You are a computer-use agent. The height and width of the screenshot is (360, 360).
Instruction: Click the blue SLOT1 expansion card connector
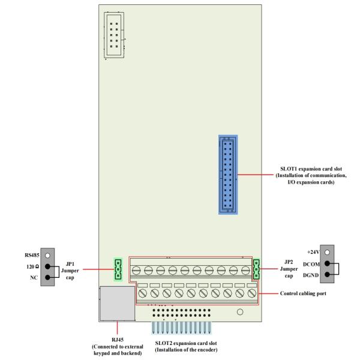click(227, 174)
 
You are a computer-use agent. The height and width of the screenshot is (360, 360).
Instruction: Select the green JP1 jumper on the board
click(118, 269)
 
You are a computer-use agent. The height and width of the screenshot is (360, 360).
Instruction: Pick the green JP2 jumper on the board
click(257, 269)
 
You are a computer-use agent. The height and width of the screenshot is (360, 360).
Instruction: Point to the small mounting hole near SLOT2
click(239, 312)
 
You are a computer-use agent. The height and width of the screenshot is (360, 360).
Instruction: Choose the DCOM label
click(310, 263)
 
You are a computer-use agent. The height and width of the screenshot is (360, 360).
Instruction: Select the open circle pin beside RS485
click(47, 255)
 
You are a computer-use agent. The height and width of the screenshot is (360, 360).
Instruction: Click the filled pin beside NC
click(47, 278)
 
